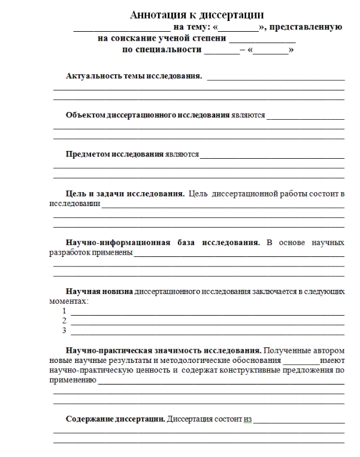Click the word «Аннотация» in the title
[156, 16]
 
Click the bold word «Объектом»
[84, 115]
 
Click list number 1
[64, 311]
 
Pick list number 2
[64, 320]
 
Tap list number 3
[64, 330]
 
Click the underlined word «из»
[247, 419]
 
